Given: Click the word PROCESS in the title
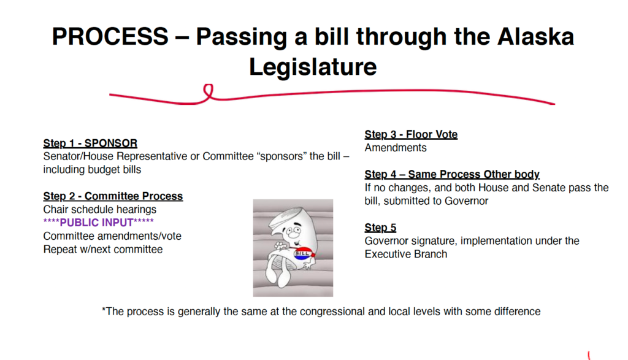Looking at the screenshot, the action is (110, 36).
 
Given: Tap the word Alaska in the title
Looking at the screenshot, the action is (536, 36).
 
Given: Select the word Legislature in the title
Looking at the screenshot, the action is (313, 66).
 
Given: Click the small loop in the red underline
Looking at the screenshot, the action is (209, 92).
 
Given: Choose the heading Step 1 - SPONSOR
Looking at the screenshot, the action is (90, 143).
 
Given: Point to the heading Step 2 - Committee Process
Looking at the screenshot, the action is (113, 196).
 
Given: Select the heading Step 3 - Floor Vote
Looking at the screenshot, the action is (411, 134).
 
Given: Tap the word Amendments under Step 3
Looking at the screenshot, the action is (396, 148).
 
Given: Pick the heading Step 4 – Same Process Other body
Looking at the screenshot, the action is (452, 174).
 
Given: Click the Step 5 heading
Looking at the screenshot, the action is (380, 228).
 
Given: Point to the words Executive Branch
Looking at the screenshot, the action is (406, 255).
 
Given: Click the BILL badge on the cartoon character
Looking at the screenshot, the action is (303, 253).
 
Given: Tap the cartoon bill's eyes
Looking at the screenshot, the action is (293, 231).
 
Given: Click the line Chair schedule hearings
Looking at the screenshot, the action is (100, 209).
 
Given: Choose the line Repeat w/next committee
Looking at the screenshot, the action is (103, 249).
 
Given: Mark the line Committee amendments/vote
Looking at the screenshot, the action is (112, 236).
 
